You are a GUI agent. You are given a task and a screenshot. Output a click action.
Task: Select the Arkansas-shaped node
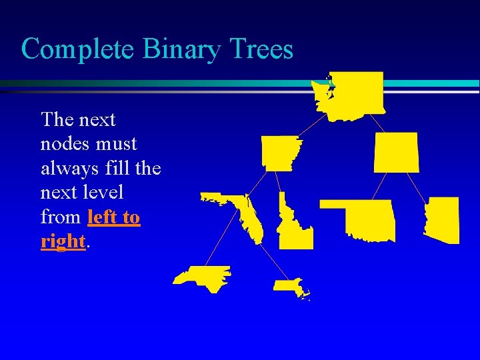279,153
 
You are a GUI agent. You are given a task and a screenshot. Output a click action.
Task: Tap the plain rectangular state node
397,152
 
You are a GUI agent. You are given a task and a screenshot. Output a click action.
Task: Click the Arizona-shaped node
443,219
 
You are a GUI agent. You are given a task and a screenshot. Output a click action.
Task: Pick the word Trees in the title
261,49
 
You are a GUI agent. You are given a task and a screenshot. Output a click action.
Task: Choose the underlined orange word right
63,241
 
